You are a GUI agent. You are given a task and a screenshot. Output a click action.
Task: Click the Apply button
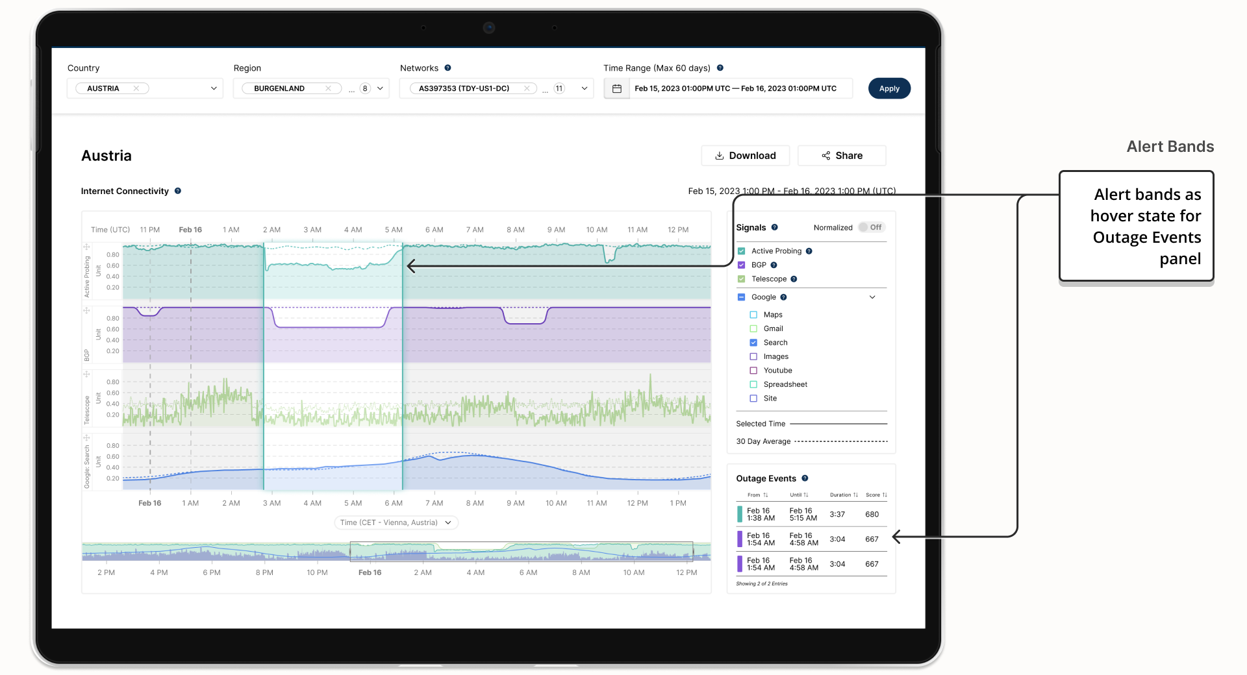tap(889, 88)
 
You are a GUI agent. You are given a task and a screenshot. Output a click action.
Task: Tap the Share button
tap(842, 156)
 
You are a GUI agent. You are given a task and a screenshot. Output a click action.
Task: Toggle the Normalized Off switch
tap(870, 227)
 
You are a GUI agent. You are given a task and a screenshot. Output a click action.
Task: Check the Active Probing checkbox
tap(741, 251)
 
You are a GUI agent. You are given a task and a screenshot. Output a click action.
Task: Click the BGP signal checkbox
tap(741, 265)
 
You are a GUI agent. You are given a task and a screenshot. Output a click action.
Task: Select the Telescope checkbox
tap(741, 279)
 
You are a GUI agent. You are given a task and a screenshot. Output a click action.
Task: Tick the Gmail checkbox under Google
tap(753, 328)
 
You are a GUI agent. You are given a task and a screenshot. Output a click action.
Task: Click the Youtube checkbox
tap(753, 371)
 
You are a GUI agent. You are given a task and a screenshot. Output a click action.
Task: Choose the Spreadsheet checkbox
tap(753, 384)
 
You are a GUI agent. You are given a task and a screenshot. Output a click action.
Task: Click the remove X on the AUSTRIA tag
tap(136, 88)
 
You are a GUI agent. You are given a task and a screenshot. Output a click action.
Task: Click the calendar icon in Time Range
tap(617, 88)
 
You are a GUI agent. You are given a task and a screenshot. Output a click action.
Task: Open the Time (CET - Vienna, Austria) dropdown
tap(396, 522)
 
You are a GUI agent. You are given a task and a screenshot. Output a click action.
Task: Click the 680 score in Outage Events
tap(872, 515)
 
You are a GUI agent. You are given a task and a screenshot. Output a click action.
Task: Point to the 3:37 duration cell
tap(837, 515)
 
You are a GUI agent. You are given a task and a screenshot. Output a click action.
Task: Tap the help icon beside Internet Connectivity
tap(177, 191)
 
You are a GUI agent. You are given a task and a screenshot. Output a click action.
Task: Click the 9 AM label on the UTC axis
tap(556, 230)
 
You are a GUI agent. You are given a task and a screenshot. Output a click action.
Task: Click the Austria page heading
tap(107, 156)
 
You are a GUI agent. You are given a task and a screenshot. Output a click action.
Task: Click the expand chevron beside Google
tap(872, 297)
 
